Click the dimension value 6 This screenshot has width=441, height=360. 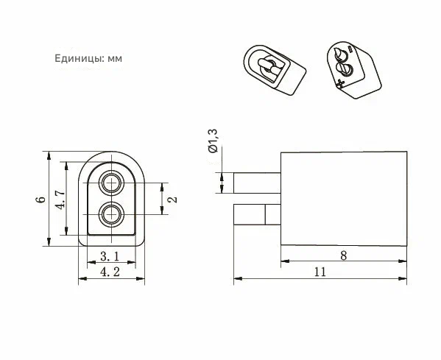tap(40, 199)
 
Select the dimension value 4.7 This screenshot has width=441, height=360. tap(60, 200)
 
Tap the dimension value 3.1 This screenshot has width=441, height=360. tap(110, 256)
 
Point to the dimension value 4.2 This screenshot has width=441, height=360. tap(110, 272)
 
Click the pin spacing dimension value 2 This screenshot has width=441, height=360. tap(173, 200)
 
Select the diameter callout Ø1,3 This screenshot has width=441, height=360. tap(213, 141)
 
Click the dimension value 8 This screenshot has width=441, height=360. tap(343, 255)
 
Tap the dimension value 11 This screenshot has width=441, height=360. tap(320, 272)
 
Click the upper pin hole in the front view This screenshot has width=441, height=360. tap(112, 183)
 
